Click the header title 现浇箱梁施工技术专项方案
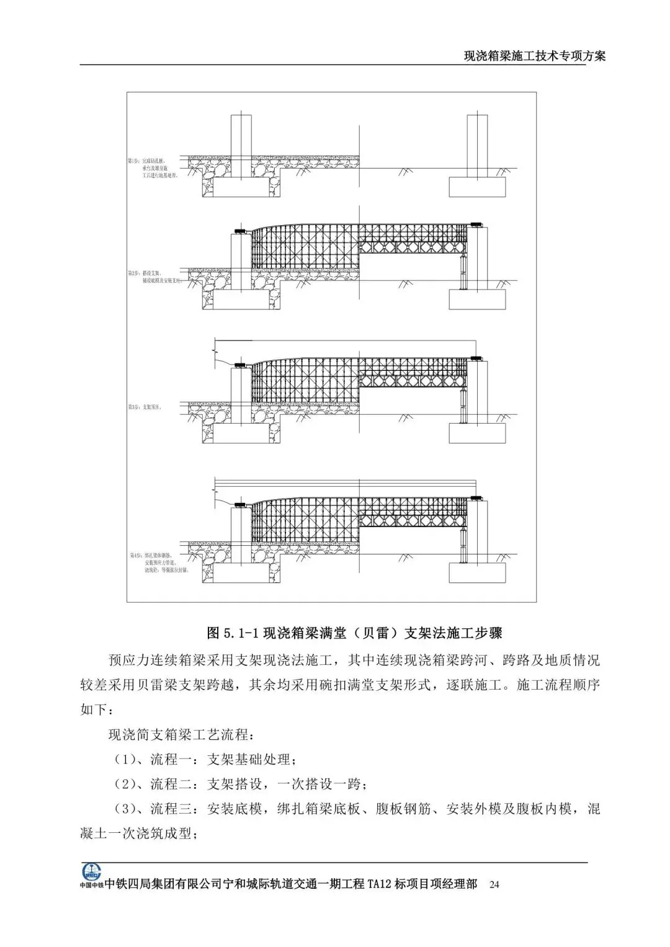click(x=535, y=56)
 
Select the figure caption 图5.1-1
click(x=354, y=633)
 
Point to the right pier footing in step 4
click(x=477, y=572)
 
